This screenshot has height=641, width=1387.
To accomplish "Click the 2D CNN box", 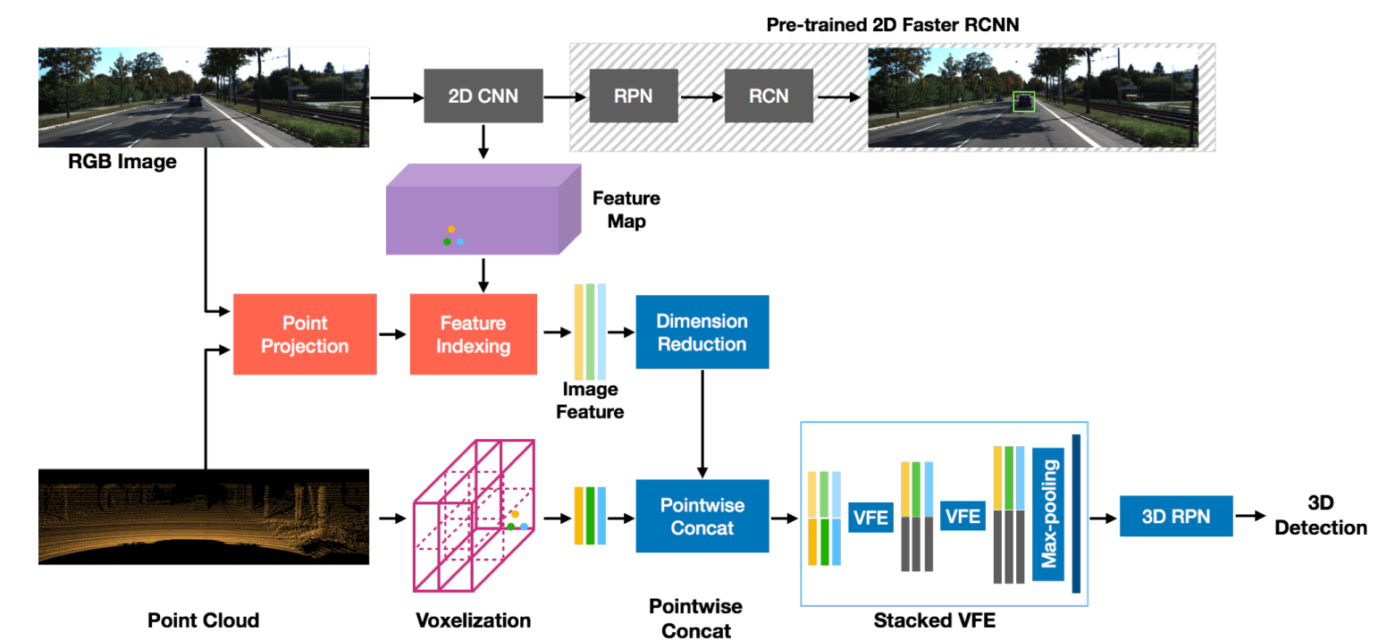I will (483, 96).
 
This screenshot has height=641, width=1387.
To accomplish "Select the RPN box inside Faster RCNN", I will (634, 96).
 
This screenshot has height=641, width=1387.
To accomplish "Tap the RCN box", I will (769, 96).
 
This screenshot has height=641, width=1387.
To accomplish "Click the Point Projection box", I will (305, 333).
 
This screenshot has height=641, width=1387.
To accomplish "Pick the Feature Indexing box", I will (473, 333).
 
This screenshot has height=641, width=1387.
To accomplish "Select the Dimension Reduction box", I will (702, 332).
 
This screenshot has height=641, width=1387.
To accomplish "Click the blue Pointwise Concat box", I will (702, 516).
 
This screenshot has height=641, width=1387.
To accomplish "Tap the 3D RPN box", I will (1175, 516).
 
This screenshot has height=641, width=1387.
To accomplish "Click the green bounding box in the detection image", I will (1023, 102).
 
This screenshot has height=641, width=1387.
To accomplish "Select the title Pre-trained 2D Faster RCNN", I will (893, 26).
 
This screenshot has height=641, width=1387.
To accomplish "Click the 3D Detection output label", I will (1320, 516).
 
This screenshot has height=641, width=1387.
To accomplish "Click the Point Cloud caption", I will (203, 620).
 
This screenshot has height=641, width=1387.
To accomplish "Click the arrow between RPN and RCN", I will (701, 96).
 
